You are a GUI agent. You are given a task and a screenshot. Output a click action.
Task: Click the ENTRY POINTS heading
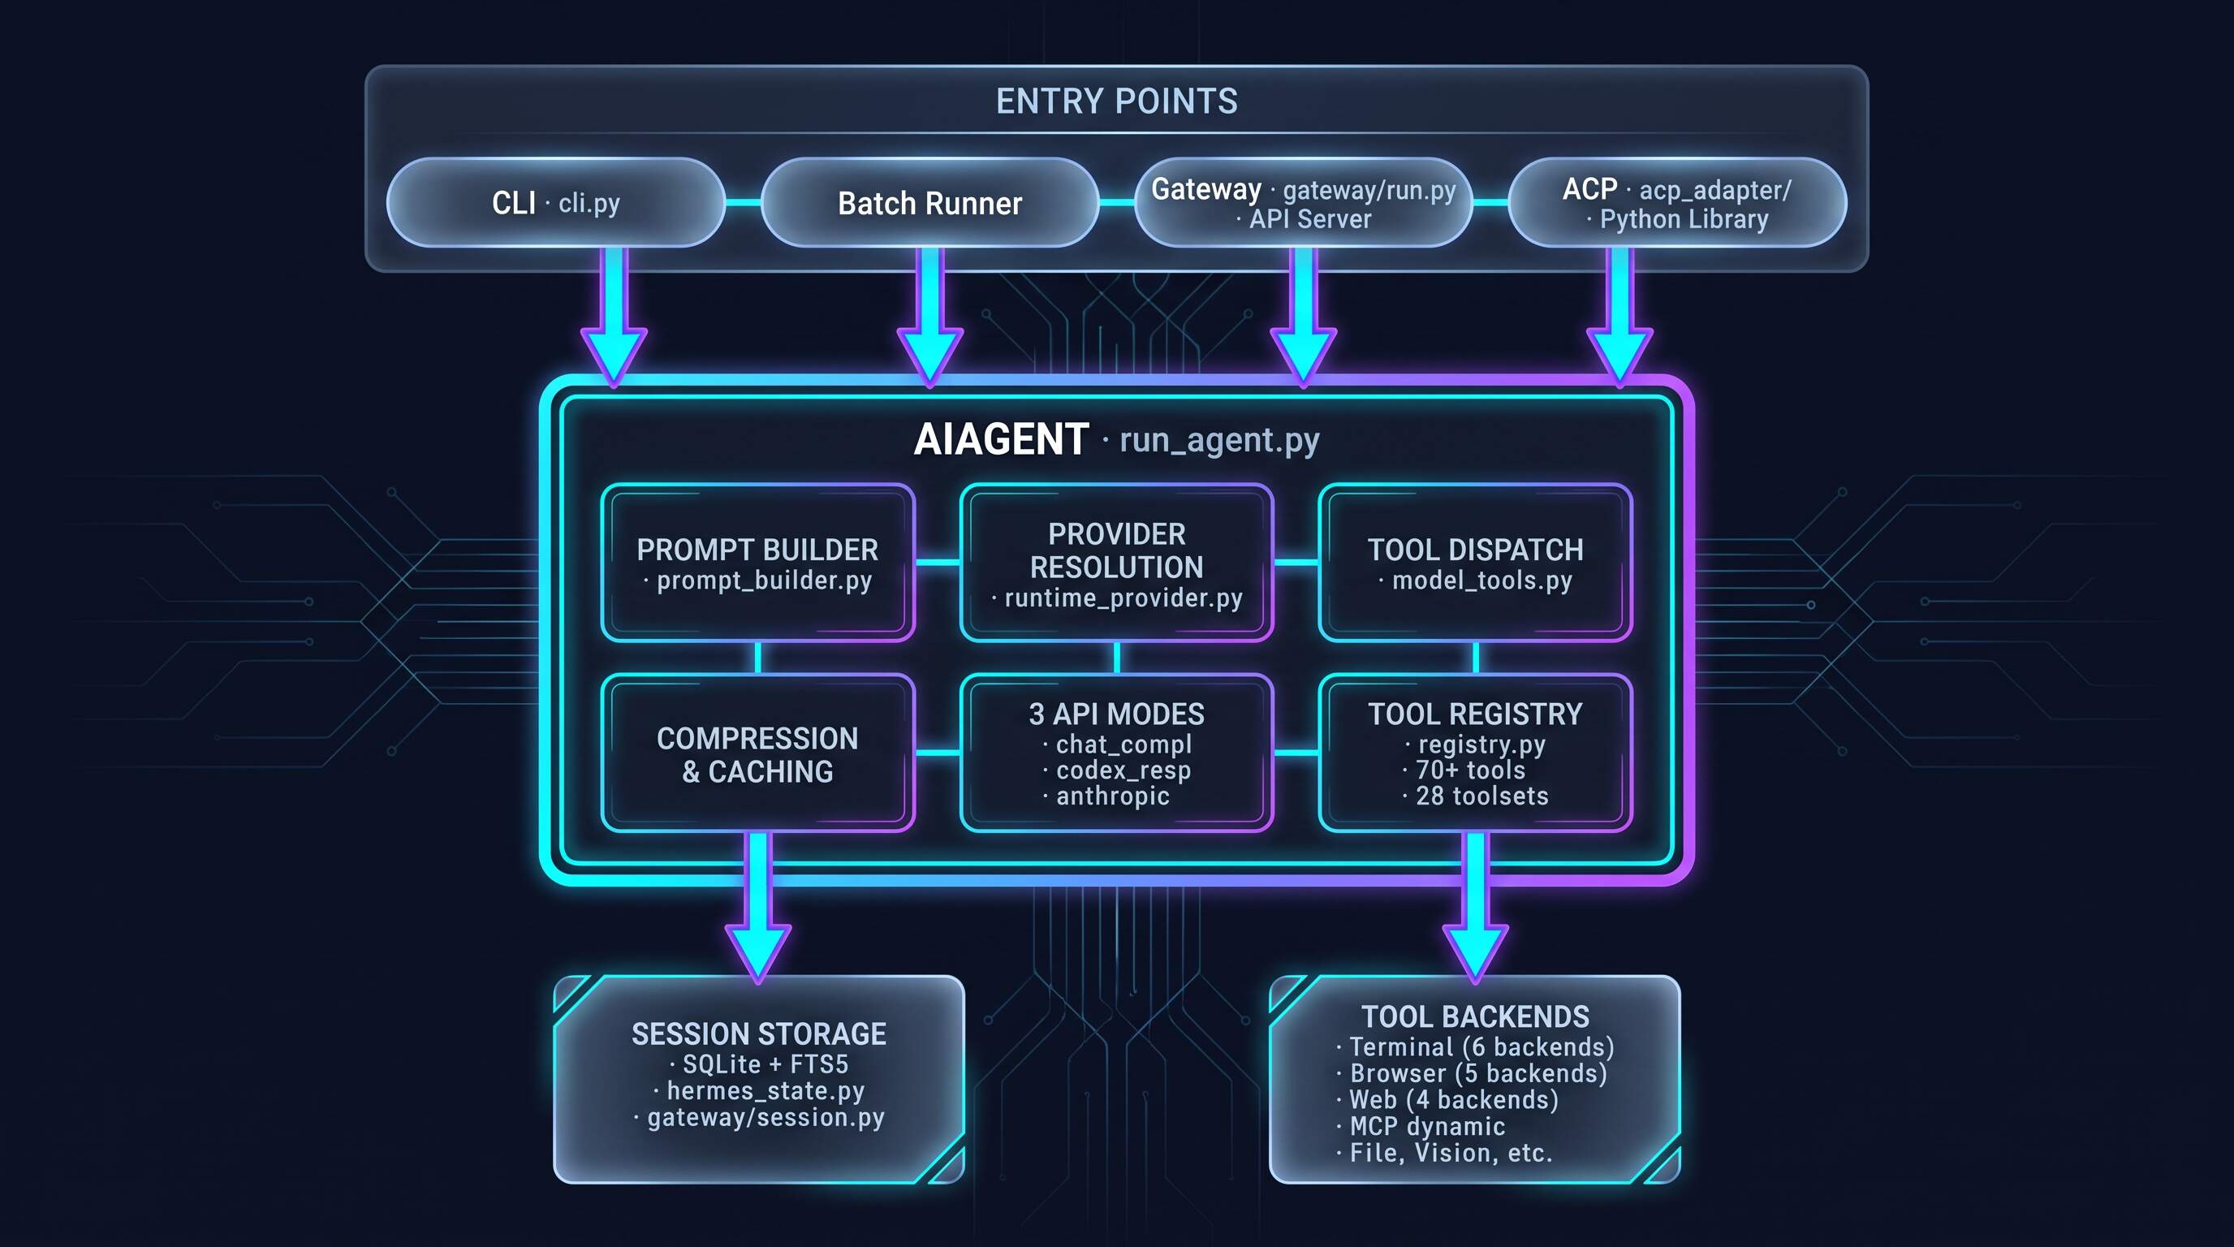click(1116, 101)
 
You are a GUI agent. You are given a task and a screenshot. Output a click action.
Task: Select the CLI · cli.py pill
click(556, 203)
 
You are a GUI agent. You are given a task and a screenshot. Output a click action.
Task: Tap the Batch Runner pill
click(929, 203)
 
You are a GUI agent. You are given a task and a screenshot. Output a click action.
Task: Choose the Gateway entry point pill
click(1304, 203)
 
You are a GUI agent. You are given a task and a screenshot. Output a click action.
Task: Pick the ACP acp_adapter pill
click(1677, 203)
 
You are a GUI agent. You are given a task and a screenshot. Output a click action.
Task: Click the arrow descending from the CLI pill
click(614, 317)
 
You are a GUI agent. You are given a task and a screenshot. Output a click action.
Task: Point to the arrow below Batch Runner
click(929, 317)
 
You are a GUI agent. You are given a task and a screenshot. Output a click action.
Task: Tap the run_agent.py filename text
click(1219, 441)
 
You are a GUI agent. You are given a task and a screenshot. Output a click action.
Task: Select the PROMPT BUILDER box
click(758, 563)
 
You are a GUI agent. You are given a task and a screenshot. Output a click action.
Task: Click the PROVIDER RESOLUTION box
click(1116, 563)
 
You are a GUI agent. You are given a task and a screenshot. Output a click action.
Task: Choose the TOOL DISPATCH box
click(1475, 563)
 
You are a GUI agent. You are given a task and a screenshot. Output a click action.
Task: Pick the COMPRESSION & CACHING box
click(758, 753)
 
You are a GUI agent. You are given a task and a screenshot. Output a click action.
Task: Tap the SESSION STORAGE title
click(759, 1033)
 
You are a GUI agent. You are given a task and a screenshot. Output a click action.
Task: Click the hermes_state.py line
click(760, 1091)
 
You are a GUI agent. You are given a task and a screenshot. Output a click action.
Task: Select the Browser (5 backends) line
click(1473, 1073)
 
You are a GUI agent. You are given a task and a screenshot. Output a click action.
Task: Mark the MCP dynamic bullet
click(1421, 1127)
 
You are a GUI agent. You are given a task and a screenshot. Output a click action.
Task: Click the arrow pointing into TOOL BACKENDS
click(1475, 907)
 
